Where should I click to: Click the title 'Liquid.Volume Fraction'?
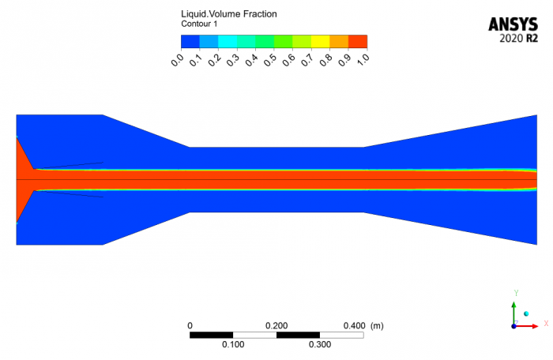229,14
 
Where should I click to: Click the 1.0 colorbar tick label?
363,60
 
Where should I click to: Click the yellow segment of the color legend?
320,41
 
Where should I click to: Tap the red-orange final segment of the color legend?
358,41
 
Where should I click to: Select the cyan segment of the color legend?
227,41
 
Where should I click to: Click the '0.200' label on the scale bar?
277,325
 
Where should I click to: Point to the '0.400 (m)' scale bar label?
366,325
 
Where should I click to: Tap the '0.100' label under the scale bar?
234,345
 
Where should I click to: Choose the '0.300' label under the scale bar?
320,345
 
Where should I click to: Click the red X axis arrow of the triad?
536,324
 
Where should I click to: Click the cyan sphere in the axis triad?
525,314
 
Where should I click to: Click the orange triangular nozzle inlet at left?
22,180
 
